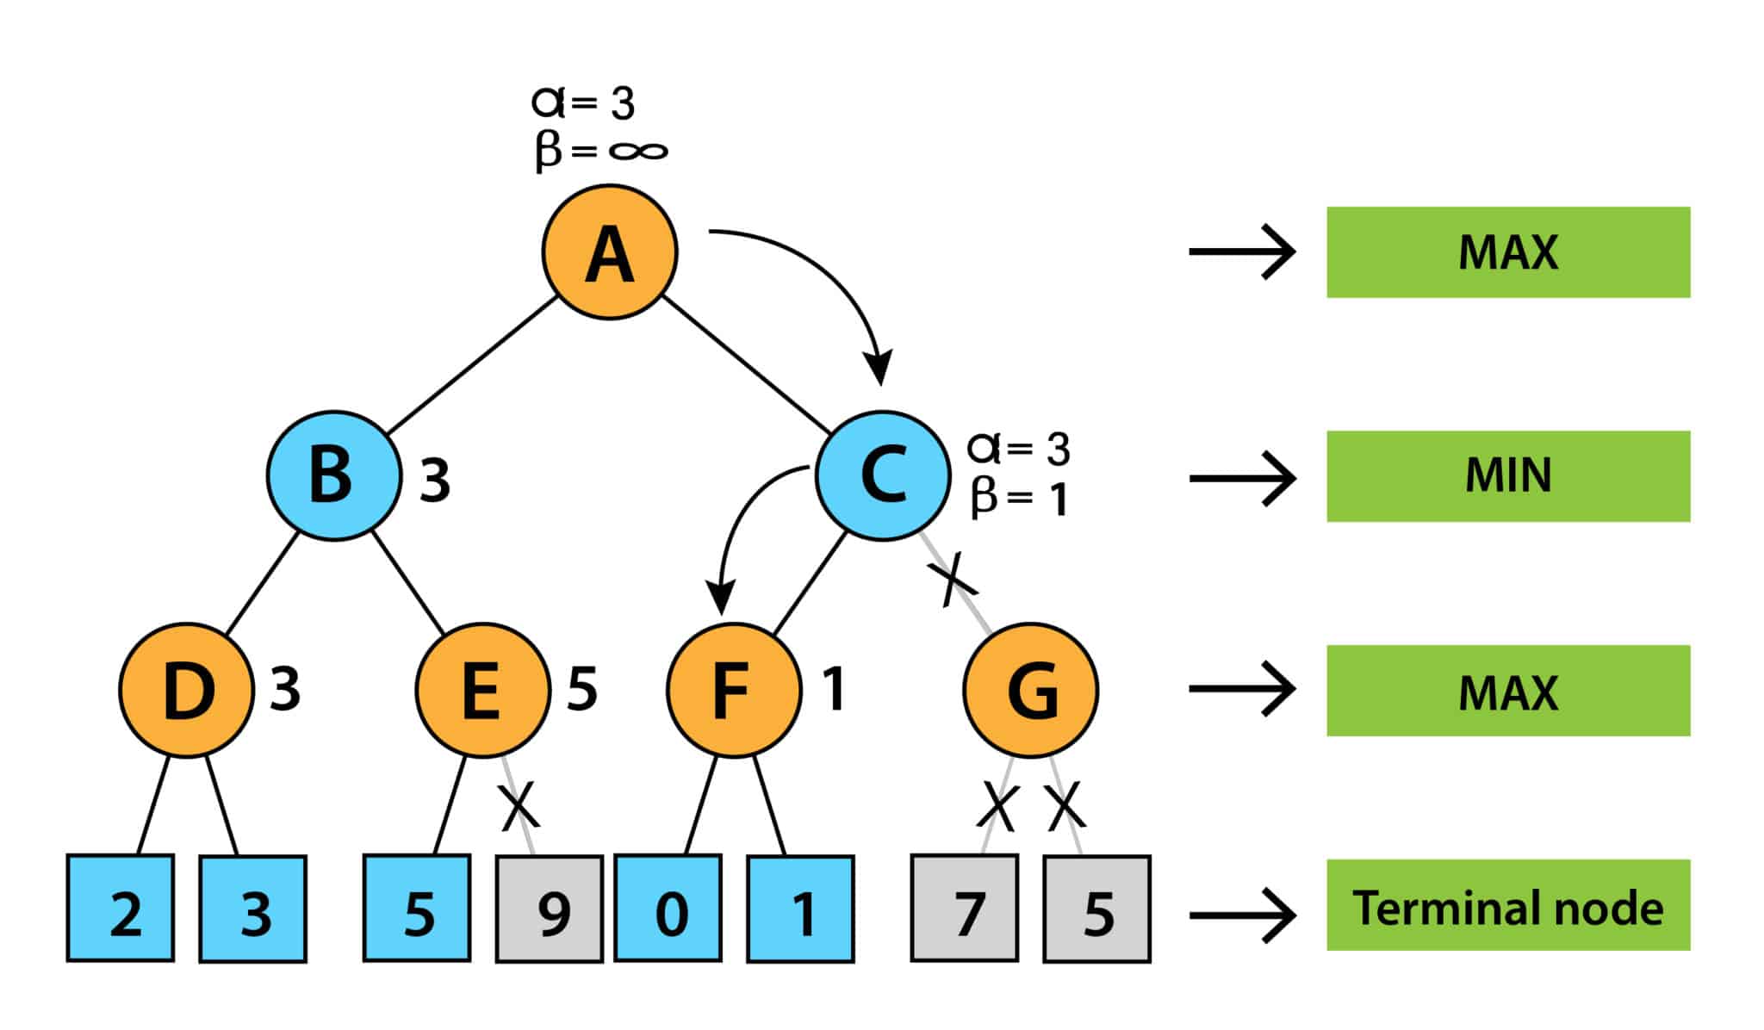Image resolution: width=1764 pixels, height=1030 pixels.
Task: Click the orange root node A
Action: coord(610,251)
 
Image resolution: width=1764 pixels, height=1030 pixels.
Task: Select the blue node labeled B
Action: coord(333,475)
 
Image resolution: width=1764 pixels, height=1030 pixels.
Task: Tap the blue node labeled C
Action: coord(883,475)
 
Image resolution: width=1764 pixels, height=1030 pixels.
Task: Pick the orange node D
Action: coord(187,690)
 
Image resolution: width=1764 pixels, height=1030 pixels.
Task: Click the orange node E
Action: coord(482,690)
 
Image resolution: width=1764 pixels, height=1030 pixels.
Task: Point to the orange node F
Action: coord(734,690)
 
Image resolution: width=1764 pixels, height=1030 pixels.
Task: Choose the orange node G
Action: coord(1030,690)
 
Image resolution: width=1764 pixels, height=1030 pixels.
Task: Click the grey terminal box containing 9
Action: coord(549,909)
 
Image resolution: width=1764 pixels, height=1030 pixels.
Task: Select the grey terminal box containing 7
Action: coord(965,909)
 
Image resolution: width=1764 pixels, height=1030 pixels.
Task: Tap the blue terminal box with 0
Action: coord(668,909)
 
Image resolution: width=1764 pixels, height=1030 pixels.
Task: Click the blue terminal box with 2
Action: coord(121,909)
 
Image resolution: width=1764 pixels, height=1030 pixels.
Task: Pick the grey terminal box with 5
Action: coord(1096,909)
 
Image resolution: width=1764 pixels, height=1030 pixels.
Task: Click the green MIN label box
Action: coord(1507,475)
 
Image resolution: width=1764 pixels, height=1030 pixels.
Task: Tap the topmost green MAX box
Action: coord(1507,252)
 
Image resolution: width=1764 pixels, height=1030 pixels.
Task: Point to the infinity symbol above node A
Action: coord(638,152)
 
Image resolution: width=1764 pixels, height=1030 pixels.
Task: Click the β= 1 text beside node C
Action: coord(1019,498)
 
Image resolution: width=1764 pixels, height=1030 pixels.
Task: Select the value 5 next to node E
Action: coord(582,689)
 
